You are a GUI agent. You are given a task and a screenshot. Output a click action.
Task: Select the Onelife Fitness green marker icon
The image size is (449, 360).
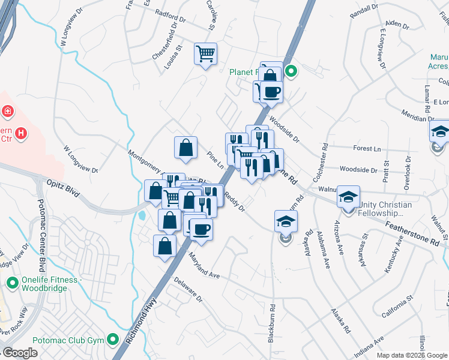click(x=12, y=281)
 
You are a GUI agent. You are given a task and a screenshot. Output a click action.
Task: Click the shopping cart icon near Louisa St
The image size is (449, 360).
click(x=205, y=54)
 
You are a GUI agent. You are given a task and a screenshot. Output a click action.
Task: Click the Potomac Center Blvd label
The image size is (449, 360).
click(x=41, y=233)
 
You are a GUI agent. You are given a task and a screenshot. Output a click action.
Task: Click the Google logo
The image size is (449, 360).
click(x=20, y=352)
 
